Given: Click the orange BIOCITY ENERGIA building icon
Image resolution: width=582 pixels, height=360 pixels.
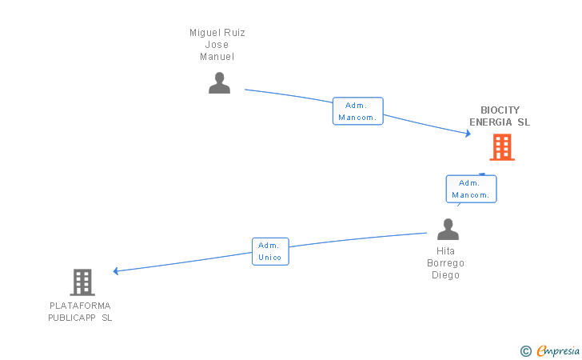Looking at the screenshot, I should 501,147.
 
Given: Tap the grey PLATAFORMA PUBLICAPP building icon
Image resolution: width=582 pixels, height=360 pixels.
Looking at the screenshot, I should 82,282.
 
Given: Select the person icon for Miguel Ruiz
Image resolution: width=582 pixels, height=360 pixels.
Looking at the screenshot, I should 219,82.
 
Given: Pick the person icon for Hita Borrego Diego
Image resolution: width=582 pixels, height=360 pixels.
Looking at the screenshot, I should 448,230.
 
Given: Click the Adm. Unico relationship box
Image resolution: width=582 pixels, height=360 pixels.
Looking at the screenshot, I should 270,251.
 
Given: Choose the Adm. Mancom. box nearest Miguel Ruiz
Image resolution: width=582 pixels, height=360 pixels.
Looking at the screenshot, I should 357,111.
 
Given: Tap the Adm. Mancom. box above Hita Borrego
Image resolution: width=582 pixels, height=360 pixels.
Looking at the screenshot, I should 471,189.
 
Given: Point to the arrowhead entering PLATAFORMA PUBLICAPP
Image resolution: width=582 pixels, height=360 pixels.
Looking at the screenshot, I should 117,271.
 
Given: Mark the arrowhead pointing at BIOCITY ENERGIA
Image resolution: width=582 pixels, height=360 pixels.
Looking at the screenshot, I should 468,134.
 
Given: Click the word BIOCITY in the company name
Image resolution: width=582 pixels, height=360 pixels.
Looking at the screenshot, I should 500,110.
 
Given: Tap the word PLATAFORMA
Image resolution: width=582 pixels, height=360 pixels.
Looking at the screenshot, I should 80,306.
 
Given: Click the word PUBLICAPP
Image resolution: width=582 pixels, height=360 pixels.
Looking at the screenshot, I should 72,318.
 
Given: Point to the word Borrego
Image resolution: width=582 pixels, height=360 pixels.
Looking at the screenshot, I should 445,263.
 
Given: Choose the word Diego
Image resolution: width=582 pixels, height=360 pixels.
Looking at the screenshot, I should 445,275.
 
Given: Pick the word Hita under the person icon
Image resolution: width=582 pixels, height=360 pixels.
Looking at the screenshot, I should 445,250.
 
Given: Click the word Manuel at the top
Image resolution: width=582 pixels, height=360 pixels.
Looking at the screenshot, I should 217,57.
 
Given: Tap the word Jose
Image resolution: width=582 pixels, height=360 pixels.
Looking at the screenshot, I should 217,45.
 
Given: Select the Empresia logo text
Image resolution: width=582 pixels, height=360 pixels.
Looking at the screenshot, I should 558,350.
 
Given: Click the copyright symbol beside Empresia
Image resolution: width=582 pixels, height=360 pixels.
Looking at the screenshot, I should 526,350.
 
